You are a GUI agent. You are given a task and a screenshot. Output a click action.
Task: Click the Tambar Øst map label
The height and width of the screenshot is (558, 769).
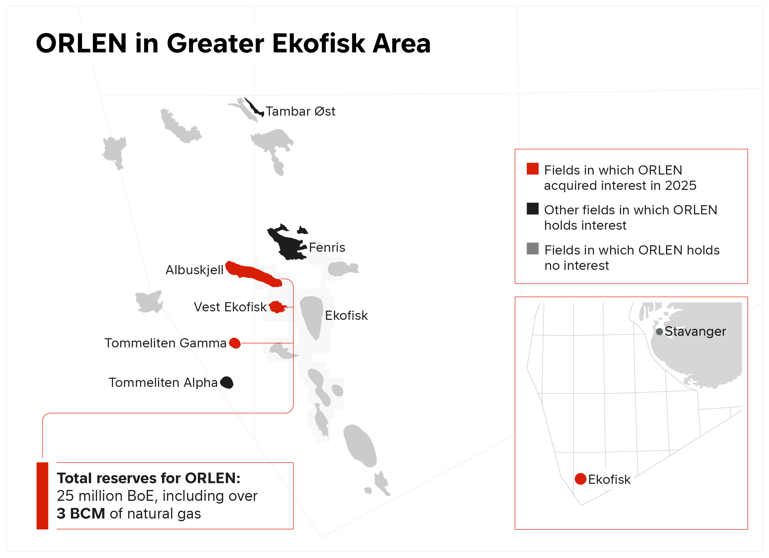pos(300,111)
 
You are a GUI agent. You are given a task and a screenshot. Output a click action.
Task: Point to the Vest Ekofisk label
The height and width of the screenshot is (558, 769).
pos(230,307)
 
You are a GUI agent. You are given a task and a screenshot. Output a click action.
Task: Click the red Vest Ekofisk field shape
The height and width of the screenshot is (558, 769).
pos(277,307)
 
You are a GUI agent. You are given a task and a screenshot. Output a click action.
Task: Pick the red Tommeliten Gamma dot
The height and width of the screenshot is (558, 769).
pos(235,343)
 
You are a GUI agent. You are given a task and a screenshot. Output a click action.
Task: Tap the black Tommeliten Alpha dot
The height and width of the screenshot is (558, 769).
pos(227,382)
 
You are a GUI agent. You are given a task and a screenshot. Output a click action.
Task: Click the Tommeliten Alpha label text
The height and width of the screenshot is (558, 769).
pos(163,382)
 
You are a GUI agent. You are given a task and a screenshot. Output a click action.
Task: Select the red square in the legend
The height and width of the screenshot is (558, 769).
pos(532,169)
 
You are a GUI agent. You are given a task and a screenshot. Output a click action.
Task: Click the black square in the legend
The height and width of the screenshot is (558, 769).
pos(532,209)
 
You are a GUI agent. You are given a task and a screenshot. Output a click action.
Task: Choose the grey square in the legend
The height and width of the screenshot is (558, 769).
pos(532,248)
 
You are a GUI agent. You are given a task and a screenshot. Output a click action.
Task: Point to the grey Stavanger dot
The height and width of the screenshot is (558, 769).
pos(659,331)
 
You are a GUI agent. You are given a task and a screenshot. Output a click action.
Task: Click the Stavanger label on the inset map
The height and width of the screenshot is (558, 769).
pos(695,331)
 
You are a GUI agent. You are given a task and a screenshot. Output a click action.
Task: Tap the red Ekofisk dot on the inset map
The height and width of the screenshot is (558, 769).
pos(580,479)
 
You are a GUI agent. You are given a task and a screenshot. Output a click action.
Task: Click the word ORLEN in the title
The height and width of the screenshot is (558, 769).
pos(81,44)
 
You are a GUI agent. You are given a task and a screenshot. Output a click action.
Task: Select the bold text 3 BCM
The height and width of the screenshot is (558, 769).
pos(81,513)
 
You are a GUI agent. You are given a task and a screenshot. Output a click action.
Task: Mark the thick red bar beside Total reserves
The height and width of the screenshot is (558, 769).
pos(42,496)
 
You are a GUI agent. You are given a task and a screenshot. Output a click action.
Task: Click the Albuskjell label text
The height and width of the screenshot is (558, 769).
pos(194,270)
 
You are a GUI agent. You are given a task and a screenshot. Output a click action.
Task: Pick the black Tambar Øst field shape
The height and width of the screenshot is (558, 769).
pos(254,108)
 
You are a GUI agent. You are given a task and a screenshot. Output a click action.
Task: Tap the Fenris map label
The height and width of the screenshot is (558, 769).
pos(327,247)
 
